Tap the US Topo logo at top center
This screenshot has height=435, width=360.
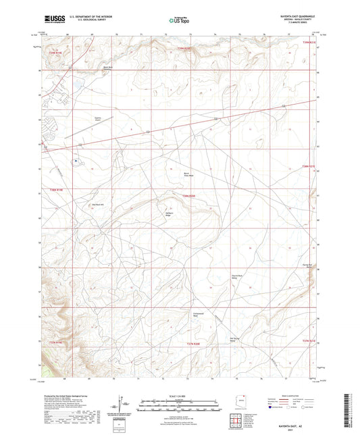(x=179, y=20)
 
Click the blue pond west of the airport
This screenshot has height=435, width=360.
(x=76, y=161)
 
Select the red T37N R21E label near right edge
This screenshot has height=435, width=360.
(x=309, y=341)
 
